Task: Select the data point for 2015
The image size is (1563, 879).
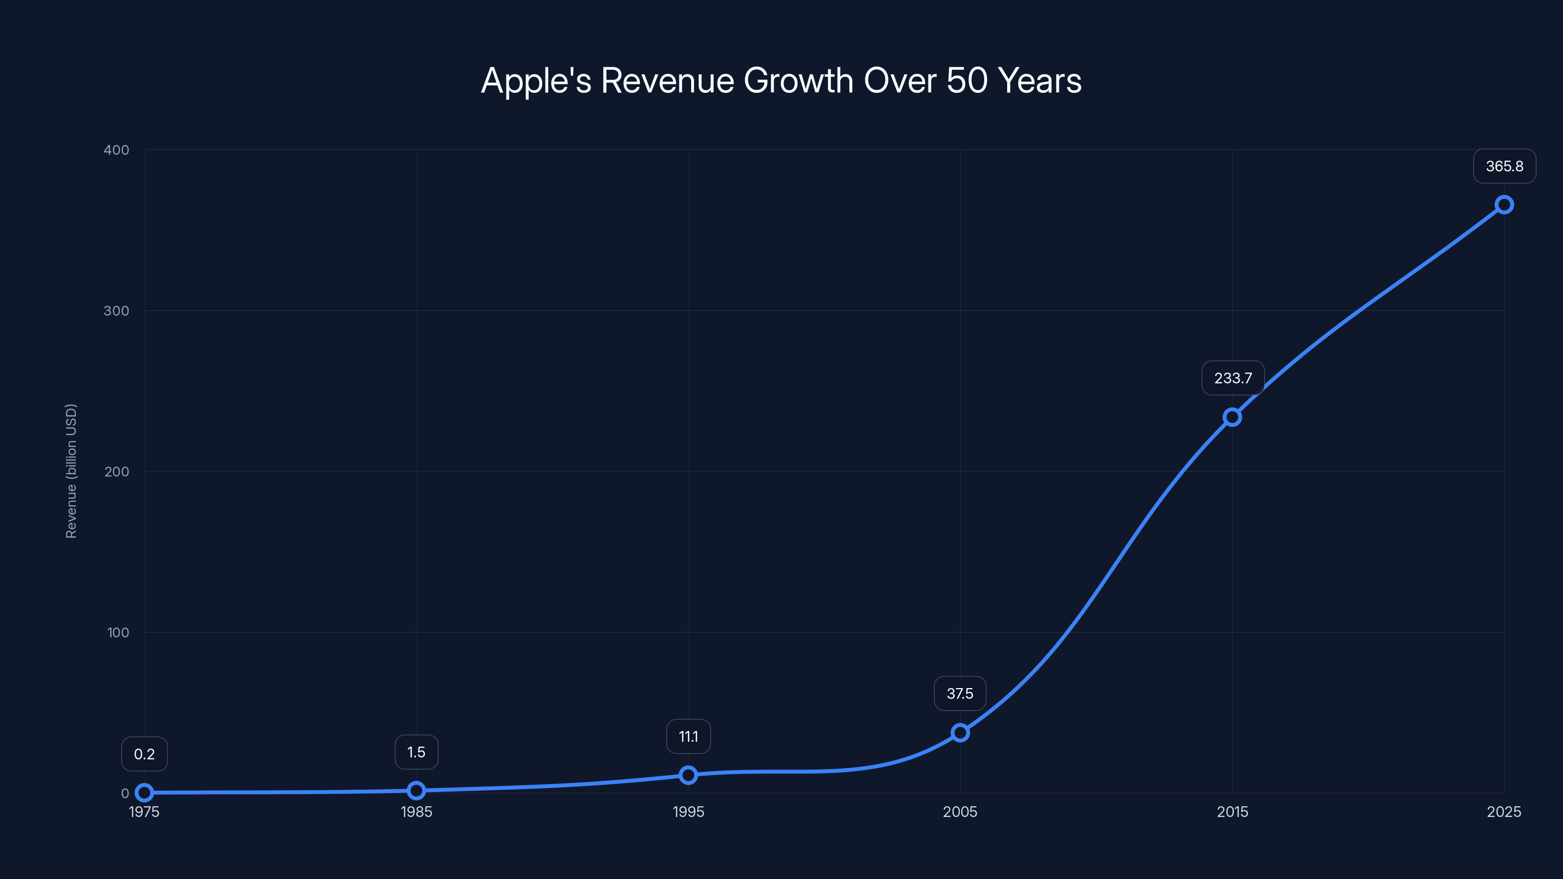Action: click(1232, 417)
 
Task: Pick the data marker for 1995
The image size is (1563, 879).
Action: click(688, 774)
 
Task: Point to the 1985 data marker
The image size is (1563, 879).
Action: click(416, 791)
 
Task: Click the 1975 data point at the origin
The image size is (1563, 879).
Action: click(145, 792)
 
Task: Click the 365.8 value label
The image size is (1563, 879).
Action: click(1504, 166)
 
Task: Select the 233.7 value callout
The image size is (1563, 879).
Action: click(1232, 378)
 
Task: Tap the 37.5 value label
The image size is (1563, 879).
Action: click(960, 693)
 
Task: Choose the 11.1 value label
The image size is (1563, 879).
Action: click(688, 736)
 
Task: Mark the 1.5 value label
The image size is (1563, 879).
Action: click(416, 752)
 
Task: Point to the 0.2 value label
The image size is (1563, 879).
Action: click(145, 754)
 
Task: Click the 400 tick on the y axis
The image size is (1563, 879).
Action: click(117, 150)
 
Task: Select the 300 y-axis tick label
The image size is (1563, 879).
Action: click(117, 311)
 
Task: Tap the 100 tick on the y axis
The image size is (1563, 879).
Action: click(118, 632)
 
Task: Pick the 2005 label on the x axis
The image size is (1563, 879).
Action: click(960, 812)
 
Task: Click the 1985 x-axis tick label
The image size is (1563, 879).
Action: click(416, 812)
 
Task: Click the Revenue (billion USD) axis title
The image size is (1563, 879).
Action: click(71, 471)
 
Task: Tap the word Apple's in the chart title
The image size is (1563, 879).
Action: click(536, 81)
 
